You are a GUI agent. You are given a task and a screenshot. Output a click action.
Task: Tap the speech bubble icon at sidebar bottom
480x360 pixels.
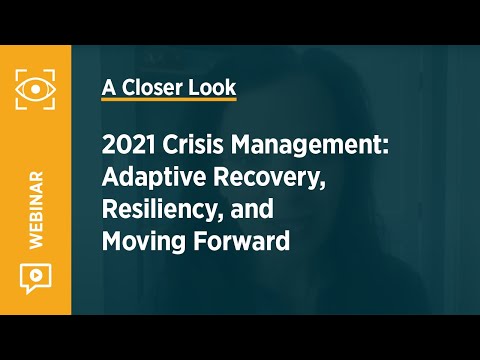point(35,278)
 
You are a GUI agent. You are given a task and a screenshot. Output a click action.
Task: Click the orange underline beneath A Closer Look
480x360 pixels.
point(169,100)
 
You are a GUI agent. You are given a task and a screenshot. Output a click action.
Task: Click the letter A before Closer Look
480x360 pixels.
point(108,86)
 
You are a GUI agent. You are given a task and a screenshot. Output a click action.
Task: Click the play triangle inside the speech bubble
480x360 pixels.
point(35,276)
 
